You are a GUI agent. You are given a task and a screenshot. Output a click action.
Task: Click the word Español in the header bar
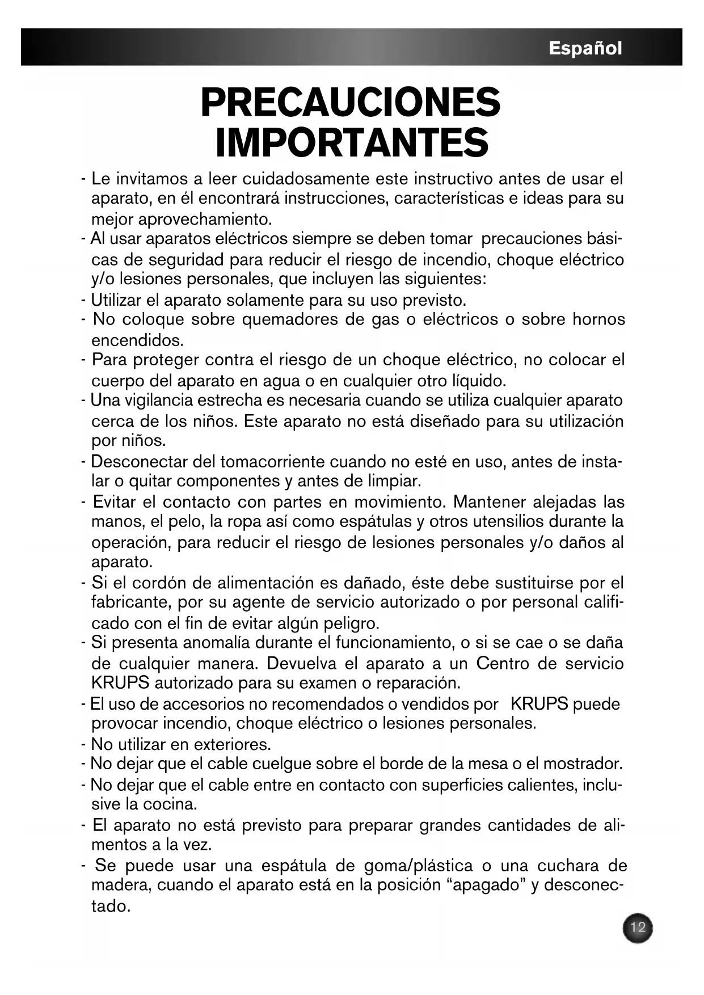point(585,48)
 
